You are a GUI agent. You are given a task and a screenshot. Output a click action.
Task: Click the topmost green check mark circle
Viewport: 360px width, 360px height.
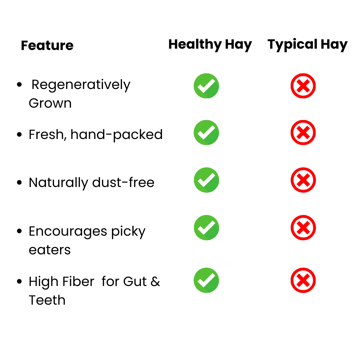click(x=206, y=86)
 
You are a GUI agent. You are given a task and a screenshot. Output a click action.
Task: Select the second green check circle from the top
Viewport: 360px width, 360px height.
click(x=206, y=133)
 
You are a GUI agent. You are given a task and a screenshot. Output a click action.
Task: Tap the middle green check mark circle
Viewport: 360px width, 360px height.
click(x=206, y=180)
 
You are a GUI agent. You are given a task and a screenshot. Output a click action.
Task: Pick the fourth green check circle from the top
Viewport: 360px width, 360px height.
click(x=206, y=228)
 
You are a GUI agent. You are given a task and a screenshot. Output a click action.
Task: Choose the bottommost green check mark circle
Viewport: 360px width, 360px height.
click(x=206, y=280)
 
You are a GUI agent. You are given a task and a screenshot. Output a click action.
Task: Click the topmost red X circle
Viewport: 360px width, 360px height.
click(x=303, y=86)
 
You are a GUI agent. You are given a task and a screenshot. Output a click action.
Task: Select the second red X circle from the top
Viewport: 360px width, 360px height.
click(x=303, y=133)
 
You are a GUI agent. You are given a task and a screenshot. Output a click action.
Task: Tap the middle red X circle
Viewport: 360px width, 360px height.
click(x=303, y=180)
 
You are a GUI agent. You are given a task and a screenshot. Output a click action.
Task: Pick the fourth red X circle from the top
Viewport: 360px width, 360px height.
click(x=303, y=228)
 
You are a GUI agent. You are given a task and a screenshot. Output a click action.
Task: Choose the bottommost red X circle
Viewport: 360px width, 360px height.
click(x=303, y=280)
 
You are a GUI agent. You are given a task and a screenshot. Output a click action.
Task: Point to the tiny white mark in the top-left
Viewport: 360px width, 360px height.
click(x=32, y=41)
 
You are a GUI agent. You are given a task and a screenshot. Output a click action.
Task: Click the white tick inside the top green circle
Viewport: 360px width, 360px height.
click(x=206, y=86)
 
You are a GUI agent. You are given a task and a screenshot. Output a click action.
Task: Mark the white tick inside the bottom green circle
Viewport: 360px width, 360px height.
click(x=206, y=280)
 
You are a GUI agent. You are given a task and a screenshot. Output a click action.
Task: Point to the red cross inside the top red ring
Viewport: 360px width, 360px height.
click(x=303, y=86)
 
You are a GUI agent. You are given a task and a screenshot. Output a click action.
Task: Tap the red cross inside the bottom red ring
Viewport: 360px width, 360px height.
click(x=303, y=280)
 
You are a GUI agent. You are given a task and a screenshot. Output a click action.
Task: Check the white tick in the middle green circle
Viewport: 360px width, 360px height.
click(x=206, y=180)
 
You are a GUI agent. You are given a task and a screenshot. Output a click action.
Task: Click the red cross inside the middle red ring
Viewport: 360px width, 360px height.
click(x=303, y=180)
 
